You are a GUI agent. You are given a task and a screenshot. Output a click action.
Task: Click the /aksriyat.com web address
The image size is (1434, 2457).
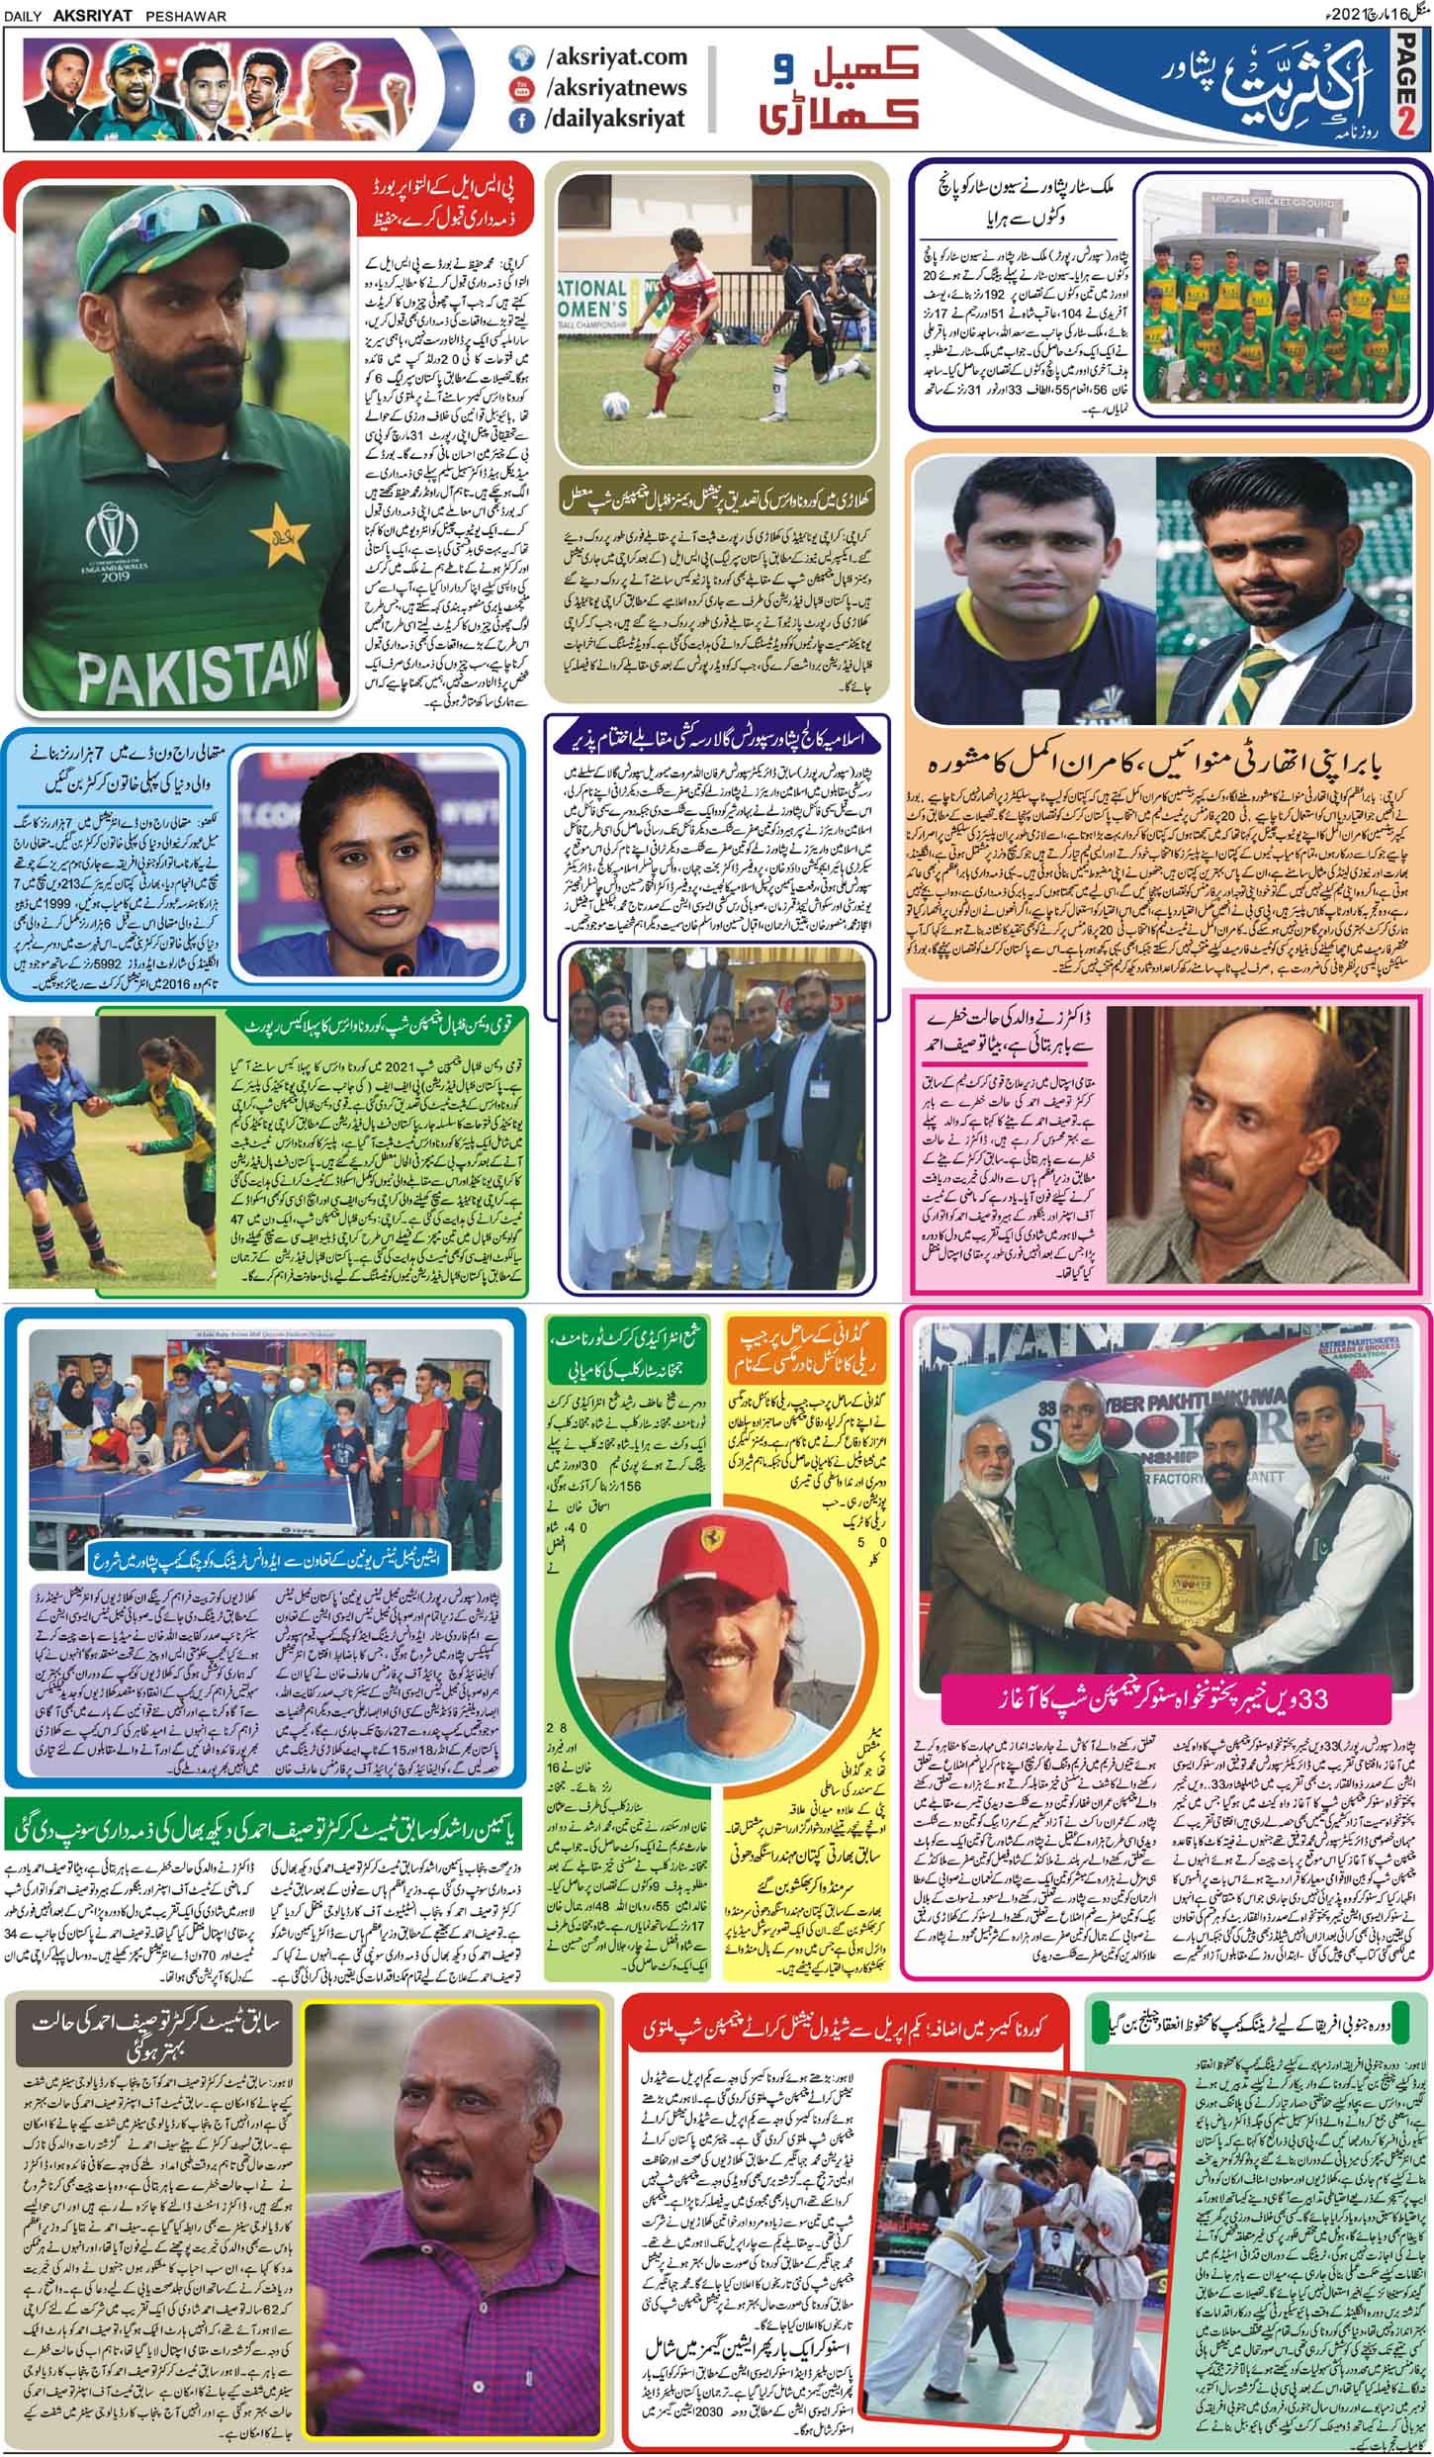614,59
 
